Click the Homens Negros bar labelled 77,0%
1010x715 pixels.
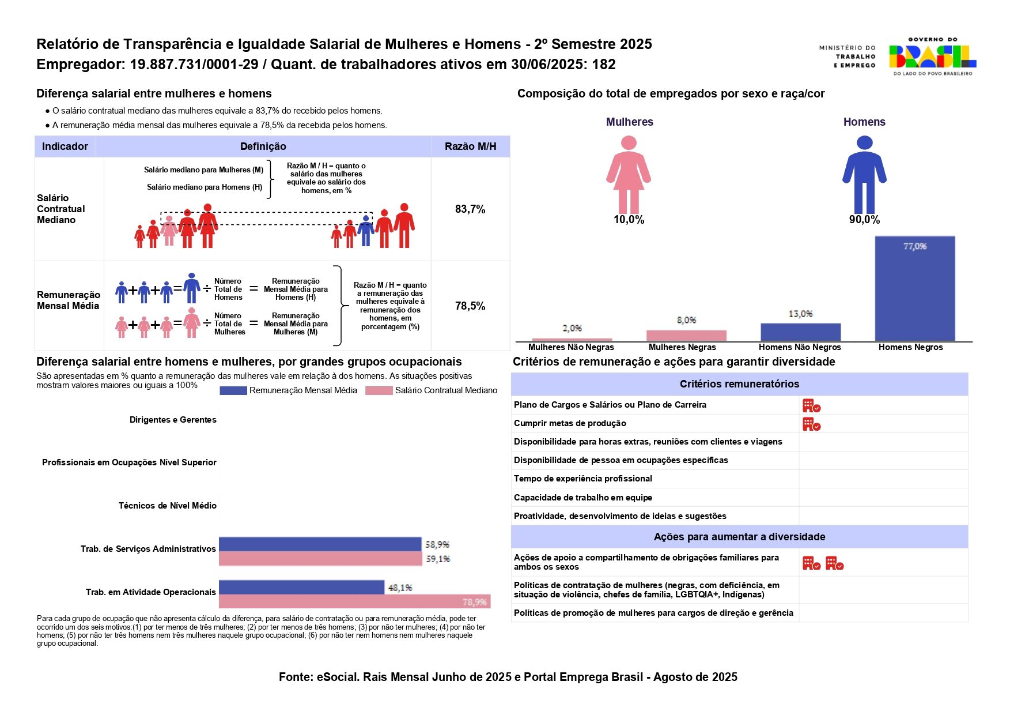point(914,288)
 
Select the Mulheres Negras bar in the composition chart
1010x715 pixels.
point(686,335)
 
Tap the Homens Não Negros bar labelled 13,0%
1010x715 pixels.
point(800,332)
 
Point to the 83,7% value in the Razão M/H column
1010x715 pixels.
point(470,209)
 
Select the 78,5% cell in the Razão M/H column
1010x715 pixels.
point(470,306)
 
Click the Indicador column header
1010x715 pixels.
point(65,146)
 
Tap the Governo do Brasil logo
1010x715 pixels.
point(932,57)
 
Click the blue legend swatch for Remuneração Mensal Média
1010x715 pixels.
point(233,390)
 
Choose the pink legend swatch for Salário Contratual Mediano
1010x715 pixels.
point(379,390)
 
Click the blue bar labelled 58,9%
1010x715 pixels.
point(320,544)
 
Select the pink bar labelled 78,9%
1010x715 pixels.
point(354,601)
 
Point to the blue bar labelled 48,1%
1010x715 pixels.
point(301,587)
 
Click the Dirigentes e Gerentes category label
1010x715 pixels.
point(173,420)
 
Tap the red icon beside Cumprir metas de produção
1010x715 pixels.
point(811,424)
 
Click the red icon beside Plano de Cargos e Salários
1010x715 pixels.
point(811,406)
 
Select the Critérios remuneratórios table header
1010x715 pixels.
point(739,384)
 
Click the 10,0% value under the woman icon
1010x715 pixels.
point(629,220)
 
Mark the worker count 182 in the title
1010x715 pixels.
point(604,65)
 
